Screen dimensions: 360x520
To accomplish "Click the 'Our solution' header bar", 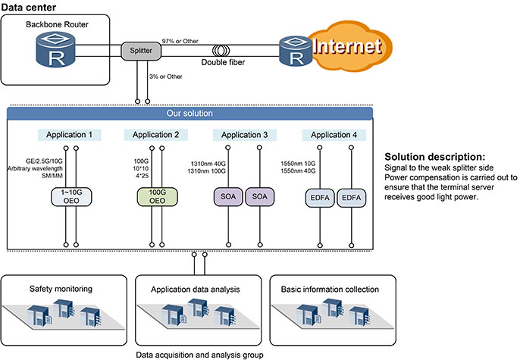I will coord(190,114).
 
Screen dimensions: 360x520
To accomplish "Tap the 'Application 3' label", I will coord(244,135).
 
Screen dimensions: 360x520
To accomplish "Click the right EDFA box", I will coord(351,198).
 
